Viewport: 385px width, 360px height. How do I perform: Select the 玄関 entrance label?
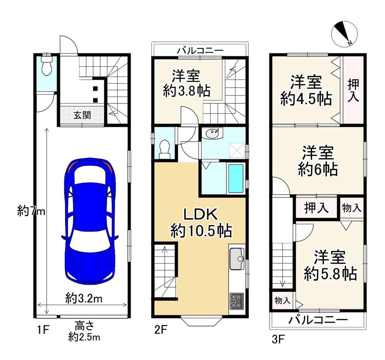[x=82, y=115]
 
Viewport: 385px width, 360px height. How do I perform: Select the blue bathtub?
[x=236, y=178]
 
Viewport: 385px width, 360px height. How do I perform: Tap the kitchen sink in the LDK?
[x=237, y=259]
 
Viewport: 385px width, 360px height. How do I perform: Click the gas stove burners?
[x=236, y=301]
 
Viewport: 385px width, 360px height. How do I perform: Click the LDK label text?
[x=201, y=215]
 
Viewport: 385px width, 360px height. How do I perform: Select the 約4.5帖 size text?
[x=306, y=99]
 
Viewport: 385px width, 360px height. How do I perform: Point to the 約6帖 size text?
[x=318, y=169]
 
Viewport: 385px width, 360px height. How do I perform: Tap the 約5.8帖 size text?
[x=330, y=274]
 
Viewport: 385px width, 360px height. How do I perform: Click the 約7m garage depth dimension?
[x=31, y=210]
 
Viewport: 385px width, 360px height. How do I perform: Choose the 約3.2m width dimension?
[x=84, y=298]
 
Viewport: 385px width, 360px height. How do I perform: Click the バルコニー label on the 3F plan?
[x=318, y=320]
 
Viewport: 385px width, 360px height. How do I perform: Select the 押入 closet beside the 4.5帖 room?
[x=353, y=90]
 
